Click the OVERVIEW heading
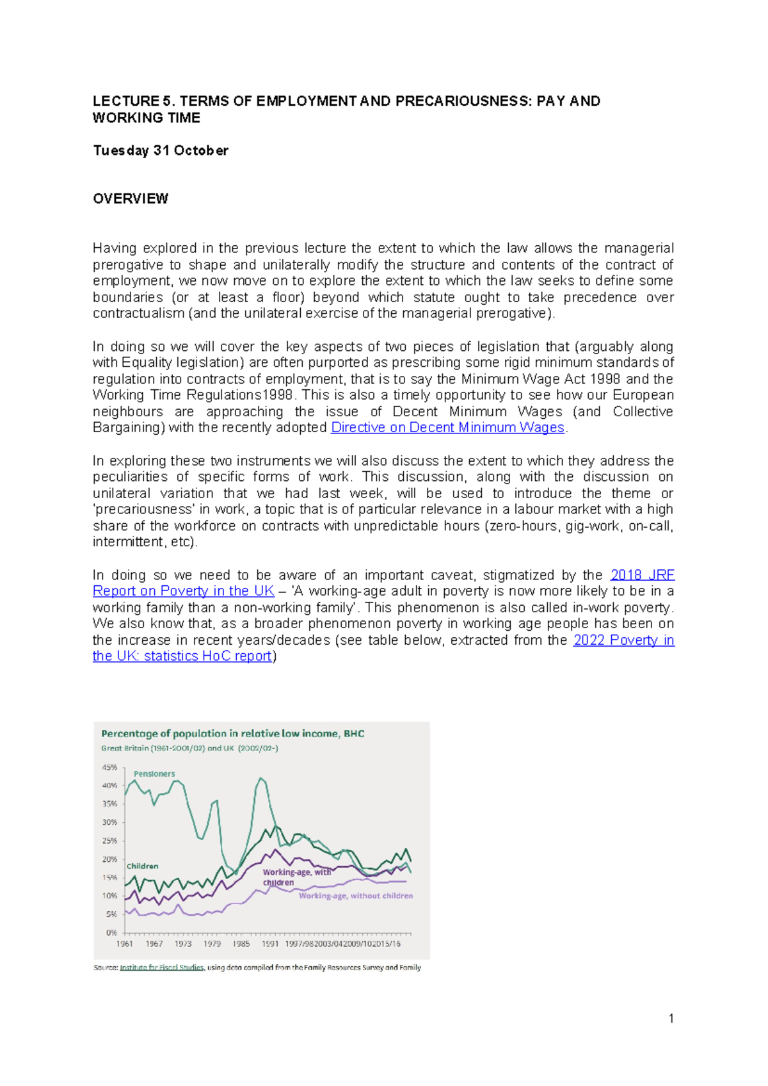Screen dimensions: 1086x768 130,199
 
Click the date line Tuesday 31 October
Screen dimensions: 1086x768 160,150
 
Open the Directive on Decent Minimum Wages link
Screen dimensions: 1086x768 447,428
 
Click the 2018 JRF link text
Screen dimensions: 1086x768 642,575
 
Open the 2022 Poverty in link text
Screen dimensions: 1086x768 623,640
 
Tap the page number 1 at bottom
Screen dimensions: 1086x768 671,1018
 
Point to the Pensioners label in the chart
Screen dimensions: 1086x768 154,774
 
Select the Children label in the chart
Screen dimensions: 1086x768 142,866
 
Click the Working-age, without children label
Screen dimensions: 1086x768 356,896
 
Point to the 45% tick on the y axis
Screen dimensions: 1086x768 109,767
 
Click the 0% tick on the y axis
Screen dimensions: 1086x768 111,933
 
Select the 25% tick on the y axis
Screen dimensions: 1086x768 109,841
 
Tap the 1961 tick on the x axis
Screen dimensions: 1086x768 124,944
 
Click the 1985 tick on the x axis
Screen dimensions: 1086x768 241,944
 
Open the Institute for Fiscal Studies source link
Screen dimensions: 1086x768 161,968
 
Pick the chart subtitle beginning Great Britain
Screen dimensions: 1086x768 189,748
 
